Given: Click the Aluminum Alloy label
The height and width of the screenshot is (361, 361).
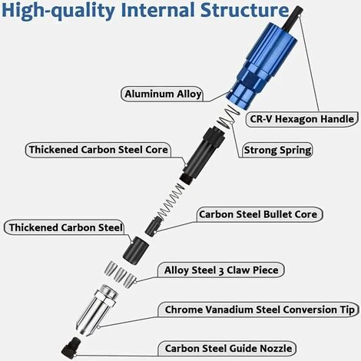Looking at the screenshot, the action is [163, 94].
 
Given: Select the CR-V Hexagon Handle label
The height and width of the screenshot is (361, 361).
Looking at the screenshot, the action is [302, 119].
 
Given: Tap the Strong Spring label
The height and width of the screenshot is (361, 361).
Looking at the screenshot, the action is [277, 150].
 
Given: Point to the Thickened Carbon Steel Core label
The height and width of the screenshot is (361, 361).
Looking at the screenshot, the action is [98, 150].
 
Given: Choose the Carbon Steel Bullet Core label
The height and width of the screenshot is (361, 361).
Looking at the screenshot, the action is [258, 214].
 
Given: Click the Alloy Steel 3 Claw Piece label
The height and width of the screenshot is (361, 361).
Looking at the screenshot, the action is [221, 270].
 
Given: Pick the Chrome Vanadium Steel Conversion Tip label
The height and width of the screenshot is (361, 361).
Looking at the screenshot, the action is [260, 310].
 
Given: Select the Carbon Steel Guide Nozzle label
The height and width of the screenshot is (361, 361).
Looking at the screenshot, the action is [228, 349].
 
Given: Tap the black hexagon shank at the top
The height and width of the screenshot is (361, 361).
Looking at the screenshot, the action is [293, 17].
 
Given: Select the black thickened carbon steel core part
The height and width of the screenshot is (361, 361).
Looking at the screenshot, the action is [202, 155].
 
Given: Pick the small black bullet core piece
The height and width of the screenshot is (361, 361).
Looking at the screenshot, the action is [153, 226].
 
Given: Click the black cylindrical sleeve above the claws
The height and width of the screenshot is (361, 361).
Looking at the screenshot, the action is [136, 251].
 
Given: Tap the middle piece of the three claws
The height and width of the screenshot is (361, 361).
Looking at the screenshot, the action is [120, 274].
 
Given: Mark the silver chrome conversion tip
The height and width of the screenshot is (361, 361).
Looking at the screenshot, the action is [97, 310].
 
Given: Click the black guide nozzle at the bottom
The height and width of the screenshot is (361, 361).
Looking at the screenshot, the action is [71, 346].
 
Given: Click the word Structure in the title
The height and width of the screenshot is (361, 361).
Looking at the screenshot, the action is [244, 10].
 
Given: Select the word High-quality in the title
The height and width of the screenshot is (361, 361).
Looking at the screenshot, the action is [58, 12].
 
